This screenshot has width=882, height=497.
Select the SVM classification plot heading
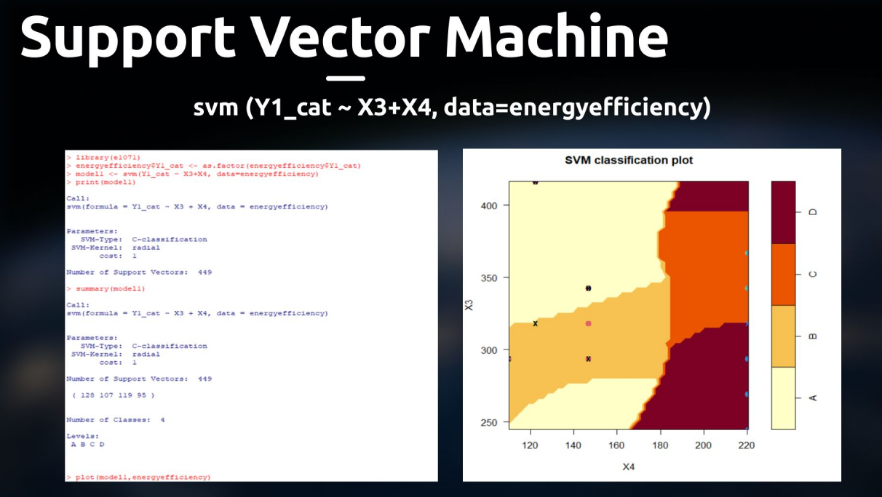(629, 160)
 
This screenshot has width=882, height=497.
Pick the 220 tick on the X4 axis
(746, 444)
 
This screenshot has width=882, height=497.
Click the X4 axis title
(628, 466)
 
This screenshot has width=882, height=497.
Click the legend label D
(813, 212)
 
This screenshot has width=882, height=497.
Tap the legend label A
(813, 397)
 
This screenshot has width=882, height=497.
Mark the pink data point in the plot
(588, 323)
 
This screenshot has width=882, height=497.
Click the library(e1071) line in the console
(103, 157)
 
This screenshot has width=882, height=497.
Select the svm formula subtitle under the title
(452, 108)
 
